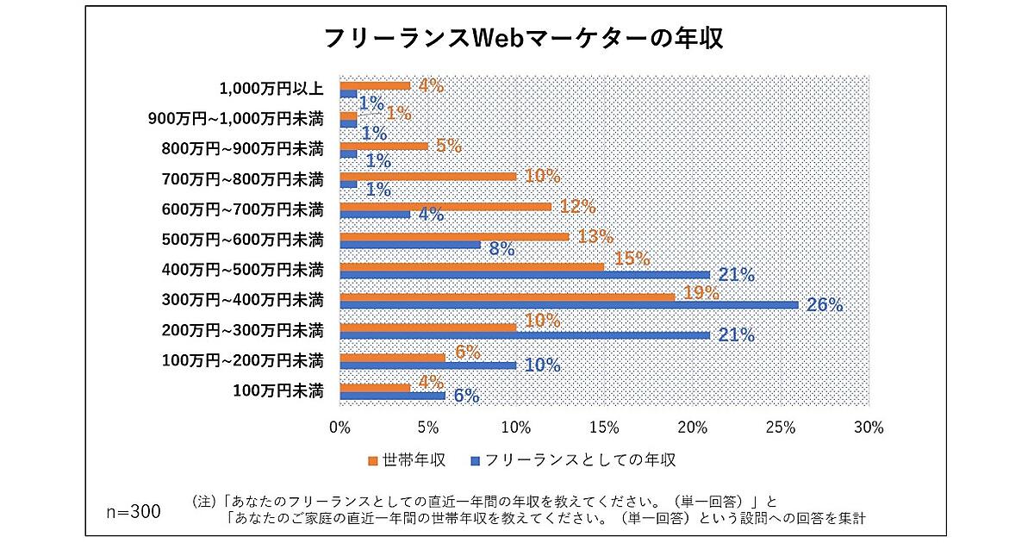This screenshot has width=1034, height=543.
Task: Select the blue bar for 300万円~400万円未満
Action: (569, 305)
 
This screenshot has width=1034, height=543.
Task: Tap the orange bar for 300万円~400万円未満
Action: (507, 296)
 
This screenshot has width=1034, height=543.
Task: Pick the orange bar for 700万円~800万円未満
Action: (428, 176)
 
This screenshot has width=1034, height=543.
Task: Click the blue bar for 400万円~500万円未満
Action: (525, 275)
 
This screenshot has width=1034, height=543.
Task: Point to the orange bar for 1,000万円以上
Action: (375, 85)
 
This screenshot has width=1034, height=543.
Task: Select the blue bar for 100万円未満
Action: (392, 396)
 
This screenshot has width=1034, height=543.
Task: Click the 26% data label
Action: (825, 304)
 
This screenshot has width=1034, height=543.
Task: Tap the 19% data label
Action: (701, 293)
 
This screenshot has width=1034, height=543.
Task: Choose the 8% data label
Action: (501, 250)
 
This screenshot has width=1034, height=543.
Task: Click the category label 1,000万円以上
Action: (271, 88)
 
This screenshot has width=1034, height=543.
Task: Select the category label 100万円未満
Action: (278, 390)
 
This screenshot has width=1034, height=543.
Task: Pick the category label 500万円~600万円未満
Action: (242, 240)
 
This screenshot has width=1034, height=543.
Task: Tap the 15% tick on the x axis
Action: (604, 428)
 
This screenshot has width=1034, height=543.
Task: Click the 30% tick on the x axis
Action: (869, 428)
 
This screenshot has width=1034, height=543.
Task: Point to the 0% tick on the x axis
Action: (340, 428)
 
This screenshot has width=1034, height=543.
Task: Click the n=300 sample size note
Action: (134, 511)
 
